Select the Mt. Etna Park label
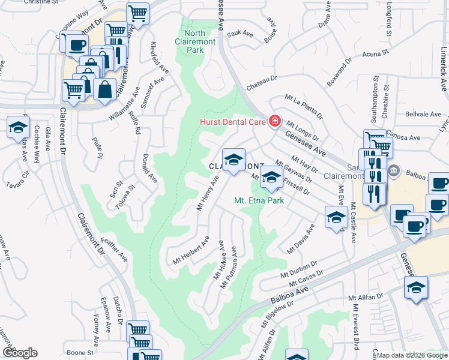click(x=258, y=202)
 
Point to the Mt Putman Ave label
click(x=229, y=271)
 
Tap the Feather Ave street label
click(x=114, y=250)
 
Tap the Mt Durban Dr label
click(x=298, y=268)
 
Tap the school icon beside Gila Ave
click(x=19, y=128)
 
